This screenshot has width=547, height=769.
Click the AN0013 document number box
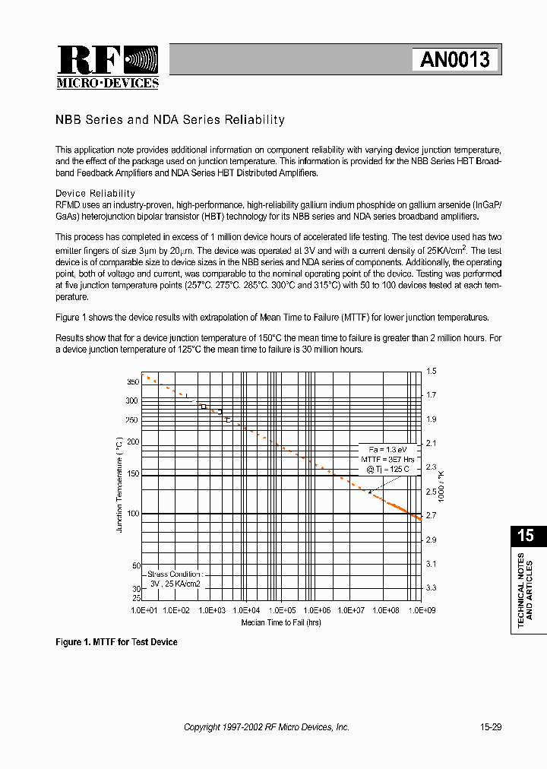click(x=455, y=59)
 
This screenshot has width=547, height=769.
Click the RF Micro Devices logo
click(x=107, y=67)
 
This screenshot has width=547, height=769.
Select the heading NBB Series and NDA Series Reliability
click(x=170, y=120)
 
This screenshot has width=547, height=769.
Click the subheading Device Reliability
click(x=95, y=194)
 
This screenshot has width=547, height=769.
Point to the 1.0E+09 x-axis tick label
click(x=421, y=610)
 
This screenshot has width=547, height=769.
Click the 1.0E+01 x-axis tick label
click(x=144, y=610)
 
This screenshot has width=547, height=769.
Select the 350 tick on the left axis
click(x=132, y=381)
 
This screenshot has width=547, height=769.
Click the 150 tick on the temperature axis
click(x=132, y=474)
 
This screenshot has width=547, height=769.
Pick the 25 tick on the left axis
click(x=135, y=598)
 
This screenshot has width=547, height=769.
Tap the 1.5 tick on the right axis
click(x=432, y=371)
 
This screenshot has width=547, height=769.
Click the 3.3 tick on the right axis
click(x=432, y=587)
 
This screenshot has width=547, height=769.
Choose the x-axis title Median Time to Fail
click(x=281, y=622)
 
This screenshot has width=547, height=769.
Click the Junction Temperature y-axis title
click(x=119, y=484)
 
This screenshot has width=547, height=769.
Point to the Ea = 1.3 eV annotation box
click(x=388, y=459)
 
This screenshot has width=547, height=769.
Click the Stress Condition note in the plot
click(x=175, y=579)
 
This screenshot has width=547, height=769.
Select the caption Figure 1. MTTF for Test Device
click(x=116, y=642)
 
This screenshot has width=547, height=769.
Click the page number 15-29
click(x=490, y=727)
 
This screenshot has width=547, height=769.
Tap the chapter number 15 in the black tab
click(x=526, y=535)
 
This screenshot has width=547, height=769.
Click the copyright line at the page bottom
click(x=267, y=727)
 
